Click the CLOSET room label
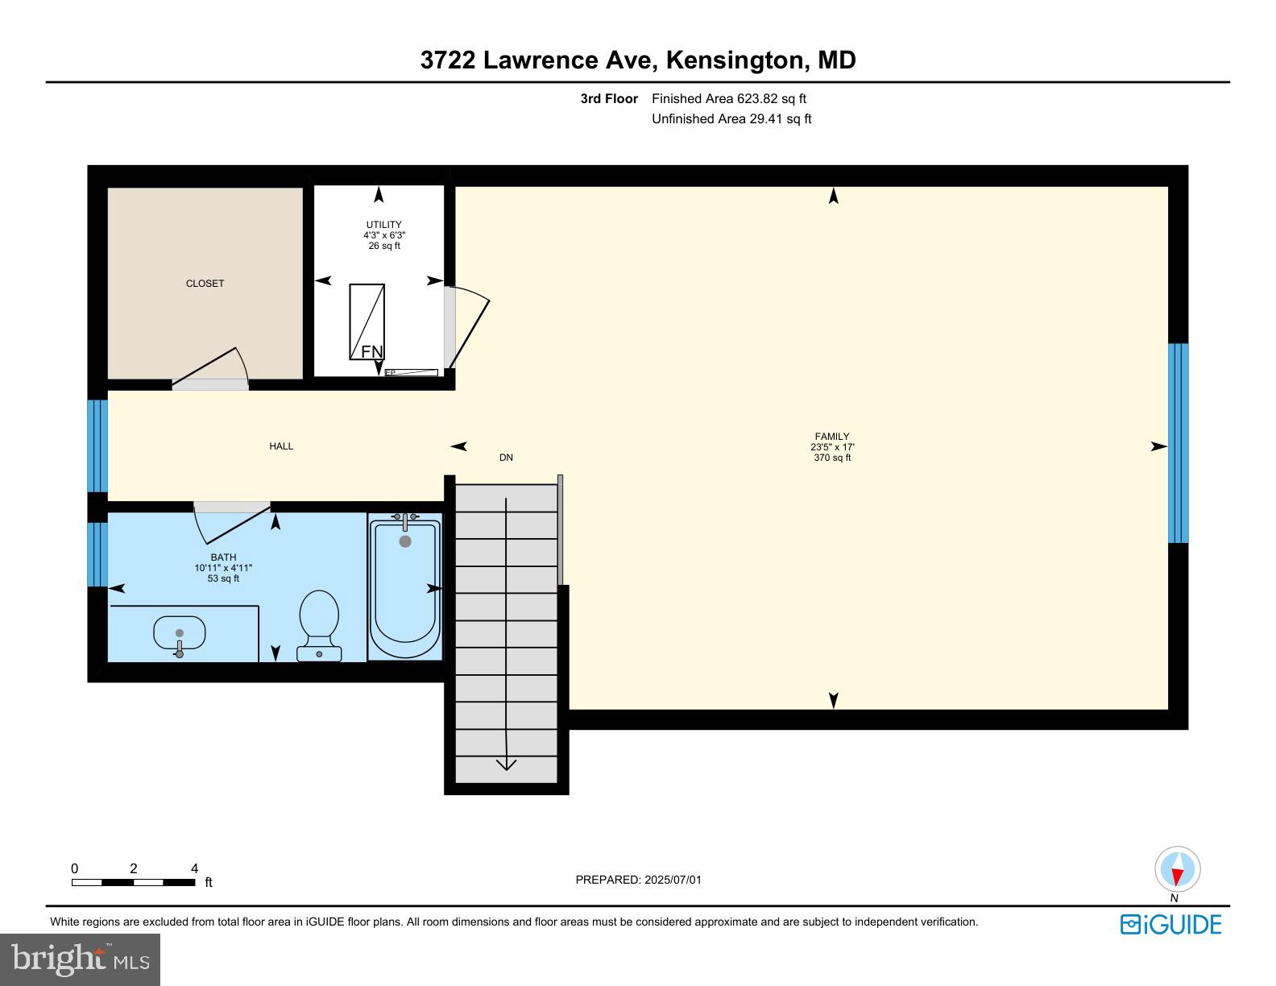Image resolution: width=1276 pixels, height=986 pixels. [x=205, y=284]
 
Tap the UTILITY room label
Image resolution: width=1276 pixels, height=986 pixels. [x=384, y=224]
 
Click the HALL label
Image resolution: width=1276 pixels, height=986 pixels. [x=281, y=446]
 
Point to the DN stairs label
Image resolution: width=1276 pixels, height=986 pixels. [x=506, y=458]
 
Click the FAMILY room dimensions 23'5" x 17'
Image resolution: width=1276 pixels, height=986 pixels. [x=832, y=447]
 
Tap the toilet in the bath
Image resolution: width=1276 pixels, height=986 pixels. [x=320, y=626]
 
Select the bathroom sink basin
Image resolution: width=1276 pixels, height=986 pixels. [x=179, y=634]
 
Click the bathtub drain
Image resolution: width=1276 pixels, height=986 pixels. [x=405, y=541]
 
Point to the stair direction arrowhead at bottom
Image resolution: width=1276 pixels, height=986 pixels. [x=506, y=764]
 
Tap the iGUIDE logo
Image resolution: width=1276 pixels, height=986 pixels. [x=1171, y=925]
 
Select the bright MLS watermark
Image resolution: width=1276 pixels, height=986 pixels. [x=81, y=959]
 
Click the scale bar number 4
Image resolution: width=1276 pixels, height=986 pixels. [x=194, y=868]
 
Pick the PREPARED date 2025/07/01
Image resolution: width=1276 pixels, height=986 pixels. [x=673, y=880]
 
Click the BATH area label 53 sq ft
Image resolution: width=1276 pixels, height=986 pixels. [x=223, y=578]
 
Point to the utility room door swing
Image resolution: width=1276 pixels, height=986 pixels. [x=469, y=326]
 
